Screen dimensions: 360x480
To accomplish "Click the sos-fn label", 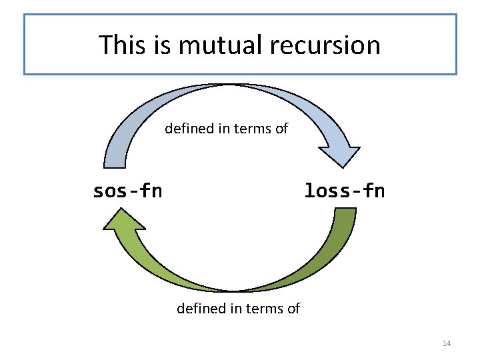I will tap(127, 191).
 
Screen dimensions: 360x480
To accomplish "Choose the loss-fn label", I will tap(344, 191).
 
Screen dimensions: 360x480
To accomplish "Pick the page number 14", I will tap(447, 343).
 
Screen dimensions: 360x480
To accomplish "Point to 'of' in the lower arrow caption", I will tap(293, 309).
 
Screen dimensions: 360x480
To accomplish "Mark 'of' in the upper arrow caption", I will tap(281, 128).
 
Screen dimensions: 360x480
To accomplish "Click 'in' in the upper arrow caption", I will tap(223, 128).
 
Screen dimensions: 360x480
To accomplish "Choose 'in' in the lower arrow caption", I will tap(235, 309).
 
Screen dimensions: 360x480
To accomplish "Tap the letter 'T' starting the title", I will tap(106, 45).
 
